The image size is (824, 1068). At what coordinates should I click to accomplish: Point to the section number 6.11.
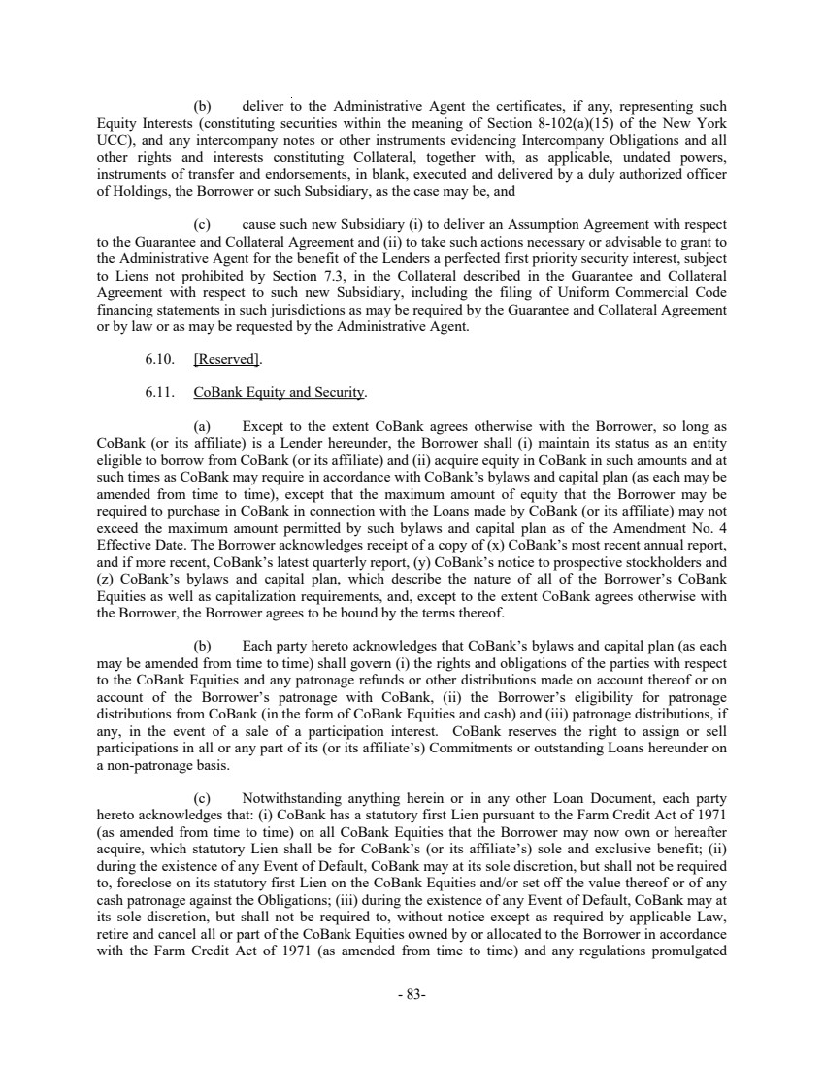pyautogui.click(x=159, y=393)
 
